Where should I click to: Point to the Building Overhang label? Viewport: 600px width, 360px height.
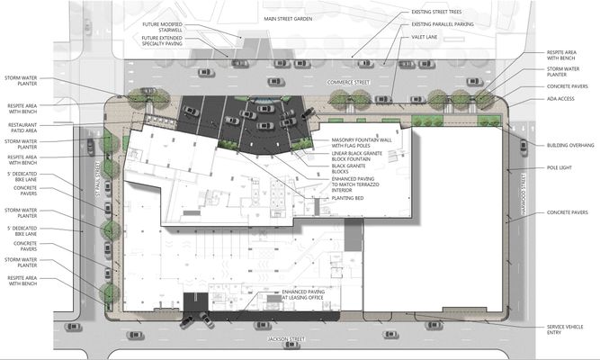[x=569, y=145]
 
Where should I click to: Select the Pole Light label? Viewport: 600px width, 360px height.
[x=559, y=168]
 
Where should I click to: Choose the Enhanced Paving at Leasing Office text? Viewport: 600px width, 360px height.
[x=304, y=296]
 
